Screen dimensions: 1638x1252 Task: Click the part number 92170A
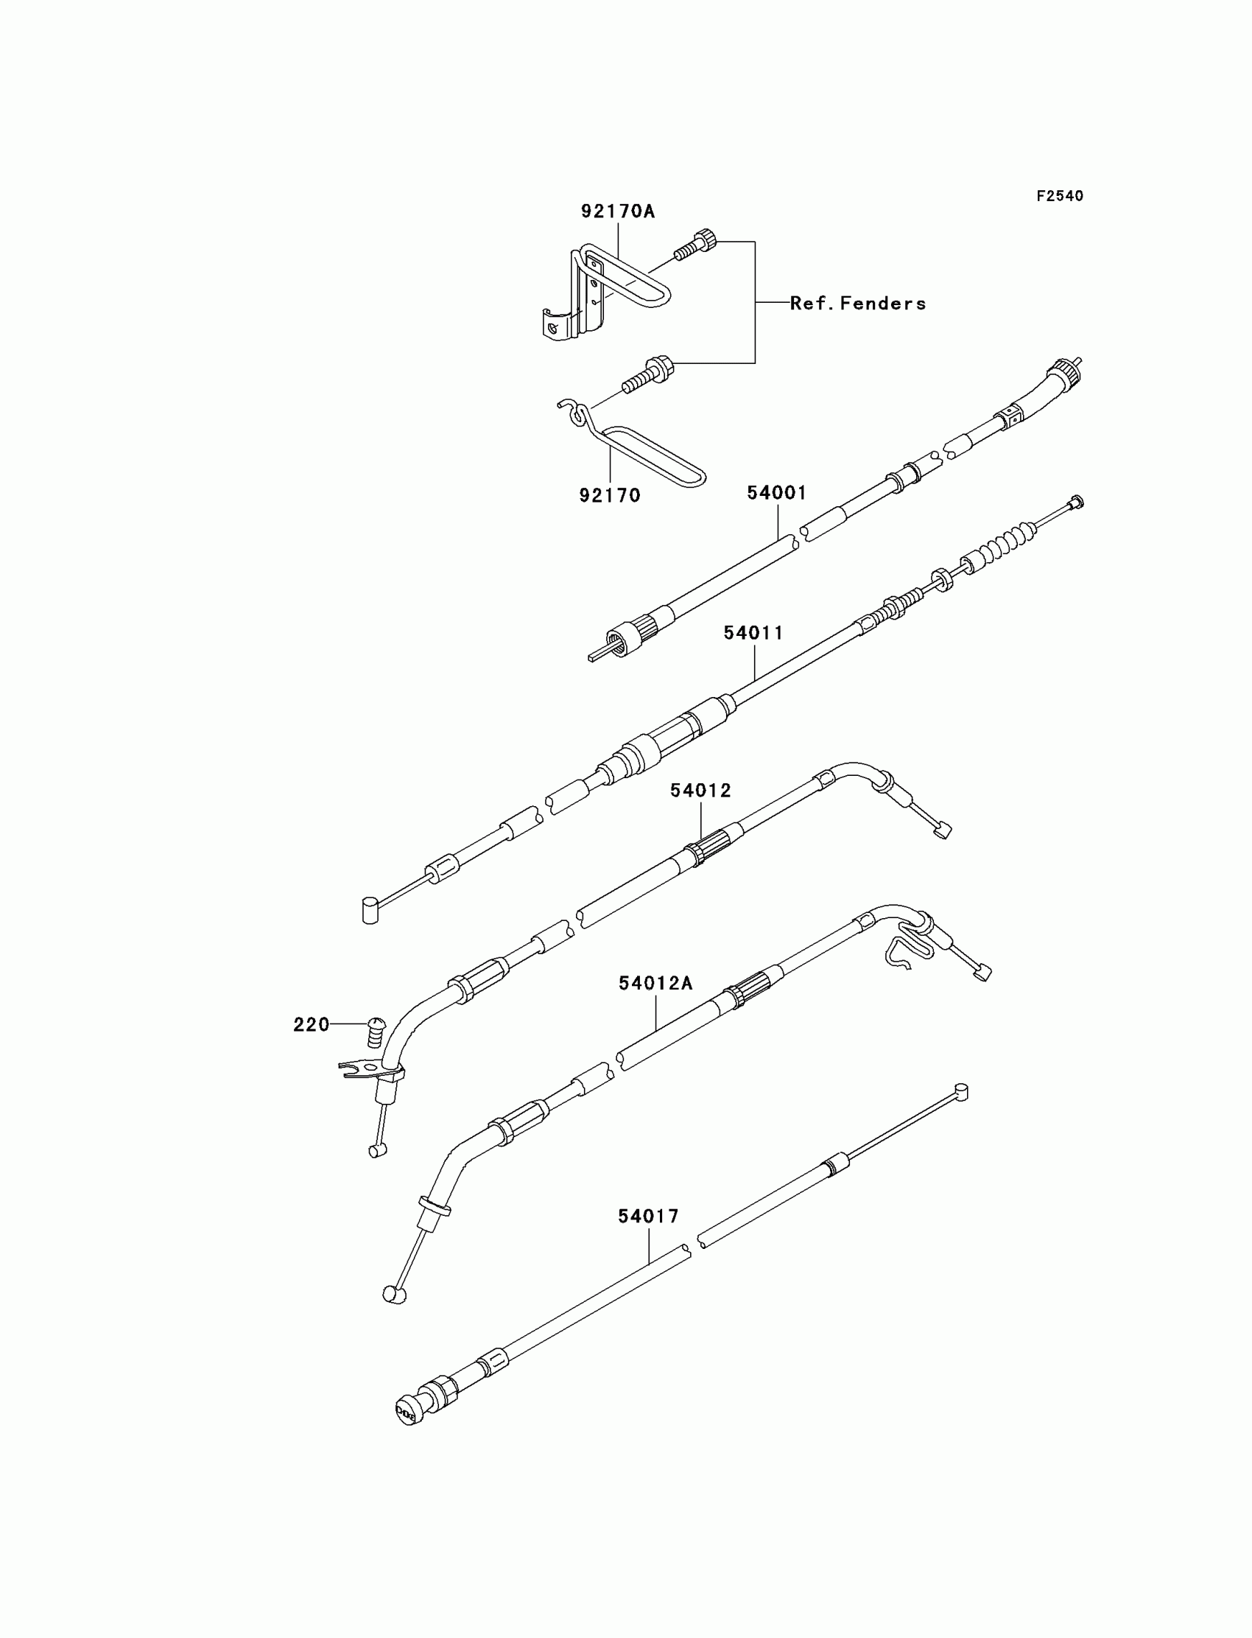[x=618, y=211]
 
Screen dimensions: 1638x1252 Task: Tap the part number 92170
[x=610, y=495]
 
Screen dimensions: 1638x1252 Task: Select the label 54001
[x=776, y=493]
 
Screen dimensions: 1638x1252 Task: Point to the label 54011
[x=753, y=633]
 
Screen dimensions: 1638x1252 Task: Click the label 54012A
[x=655, y=984]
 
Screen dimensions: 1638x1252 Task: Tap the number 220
[x=311, y=1025]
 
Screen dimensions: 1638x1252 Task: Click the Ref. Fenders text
[x=858, y=304]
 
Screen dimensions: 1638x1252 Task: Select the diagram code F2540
[x=1060, y=196]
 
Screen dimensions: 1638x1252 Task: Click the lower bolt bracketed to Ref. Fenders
[x=648, y=377]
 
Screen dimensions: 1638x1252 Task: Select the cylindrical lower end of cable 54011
[x=370, y=910]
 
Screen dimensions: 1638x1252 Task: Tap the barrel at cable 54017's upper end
[x=960, y=1093]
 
